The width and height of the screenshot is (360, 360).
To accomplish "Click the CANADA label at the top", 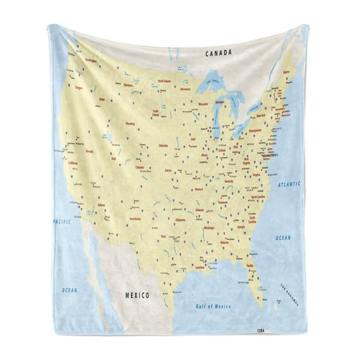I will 221,54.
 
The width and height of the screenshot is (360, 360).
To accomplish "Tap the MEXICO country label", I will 137,295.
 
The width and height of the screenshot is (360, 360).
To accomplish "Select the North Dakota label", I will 165,81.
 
